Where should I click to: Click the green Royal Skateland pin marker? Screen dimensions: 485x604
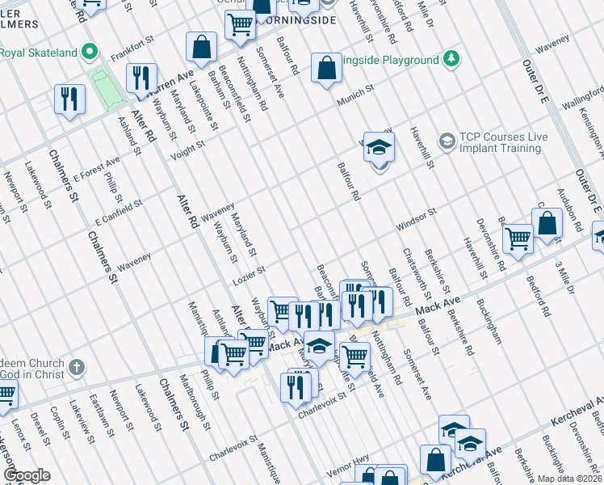click(x=90, y=53)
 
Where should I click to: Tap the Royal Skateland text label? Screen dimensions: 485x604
click(x=39, y=53)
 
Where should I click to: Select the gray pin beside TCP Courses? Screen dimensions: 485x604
click(x=447, y=142)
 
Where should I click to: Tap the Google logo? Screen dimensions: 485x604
click(x=27, y=475)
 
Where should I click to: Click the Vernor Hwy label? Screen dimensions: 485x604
click(x=346, y=470)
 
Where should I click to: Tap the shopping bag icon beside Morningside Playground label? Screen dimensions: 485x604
click(x=326, y=70)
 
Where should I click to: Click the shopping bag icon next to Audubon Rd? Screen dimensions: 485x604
click(x=547, y=225)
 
